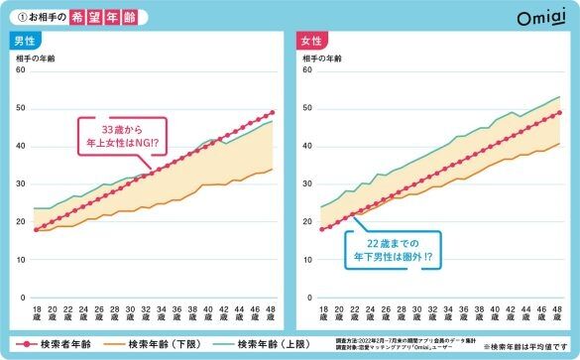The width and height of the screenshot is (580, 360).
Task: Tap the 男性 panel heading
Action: pos(27,42)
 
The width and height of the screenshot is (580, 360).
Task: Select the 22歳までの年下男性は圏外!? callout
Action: pos(393,248)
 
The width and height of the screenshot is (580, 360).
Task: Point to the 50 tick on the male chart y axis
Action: pos(20,107)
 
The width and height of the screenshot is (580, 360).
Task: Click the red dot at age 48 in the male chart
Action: pos(273,113)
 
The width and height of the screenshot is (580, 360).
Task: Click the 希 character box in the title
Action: pos(86,18)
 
